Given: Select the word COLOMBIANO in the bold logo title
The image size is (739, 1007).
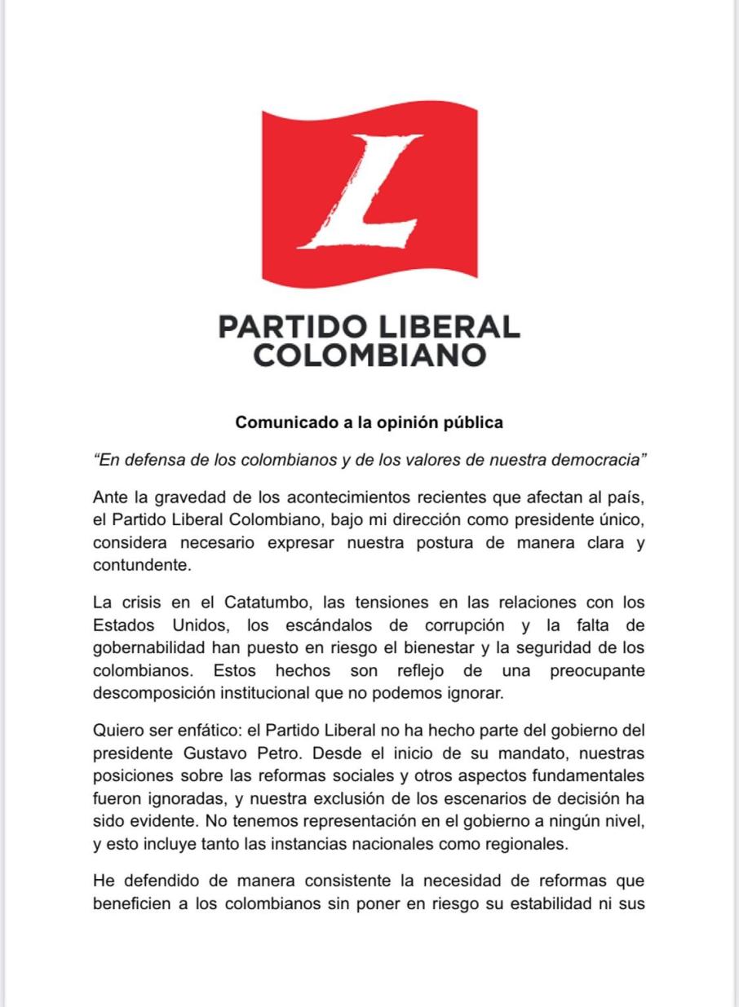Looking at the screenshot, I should pos(369,356).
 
